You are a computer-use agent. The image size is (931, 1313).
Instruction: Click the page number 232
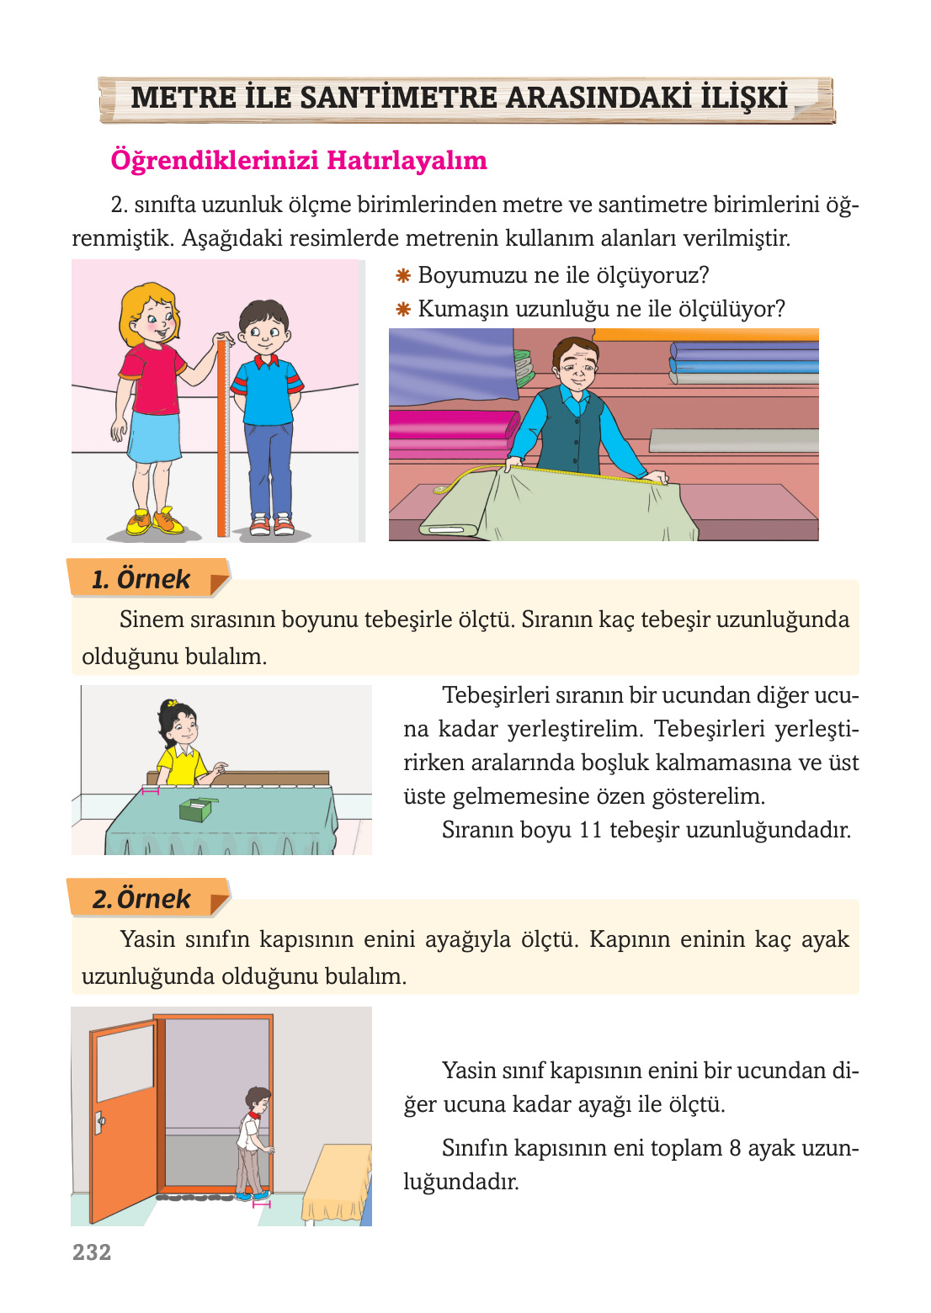pos(92,1252)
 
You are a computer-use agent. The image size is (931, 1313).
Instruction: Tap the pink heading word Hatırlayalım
pos(407,160)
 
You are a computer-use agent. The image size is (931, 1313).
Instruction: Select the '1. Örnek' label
pos(141,579)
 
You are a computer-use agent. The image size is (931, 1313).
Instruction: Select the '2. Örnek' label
pos(142,899)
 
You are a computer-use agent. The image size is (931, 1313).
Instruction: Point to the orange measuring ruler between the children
pos(223,438)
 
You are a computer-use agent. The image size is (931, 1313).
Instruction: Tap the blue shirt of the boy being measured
pos(267,391)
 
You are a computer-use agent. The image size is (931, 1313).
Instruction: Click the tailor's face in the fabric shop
pos(575,366)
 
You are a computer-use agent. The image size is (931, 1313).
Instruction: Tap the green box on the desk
pos(195,810)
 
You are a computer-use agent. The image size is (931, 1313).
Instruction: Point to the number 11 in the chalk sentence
pos(590,830)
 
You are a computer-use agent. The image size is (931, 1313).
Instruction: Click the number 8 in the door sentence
pos(735,1148)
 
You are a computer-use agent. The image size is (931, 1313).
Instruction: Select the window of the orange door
pos(125,1062)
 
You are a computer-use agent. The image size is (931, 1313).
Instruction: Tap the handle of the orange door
pos(99,1122)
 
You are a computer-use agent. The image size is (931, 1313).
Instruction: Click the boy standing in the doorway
pos(254,1140)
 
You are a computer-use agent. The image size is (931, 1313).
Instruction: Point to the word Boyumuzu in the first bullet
pos(469,275)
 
